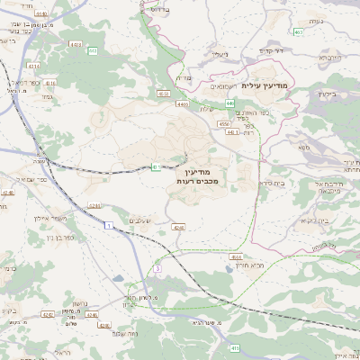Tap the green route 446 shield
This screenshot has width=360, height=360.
[230, 103]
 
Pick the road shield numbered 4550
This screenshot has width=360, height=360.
[222, 123]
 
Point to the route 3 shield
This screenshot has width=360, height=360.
[157, 268]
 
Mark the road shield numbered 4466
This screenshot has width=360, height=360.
[182, 104]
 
